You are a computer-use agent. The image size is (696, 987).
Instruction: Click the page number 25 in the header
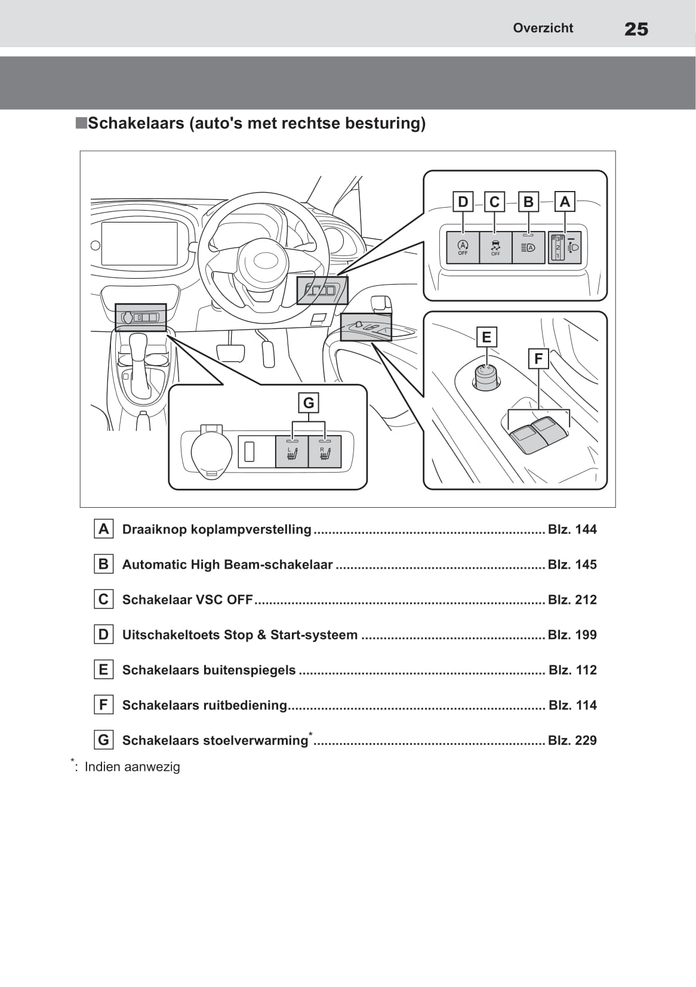[636, 29]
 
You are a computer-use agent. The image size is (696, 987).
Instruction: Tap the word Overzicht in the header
[543, 28]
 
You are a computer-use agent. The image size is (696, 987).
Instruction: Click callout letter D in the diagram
[463, 202]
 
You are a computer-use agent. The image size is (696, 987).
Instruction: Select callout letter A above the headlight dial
[565, 202]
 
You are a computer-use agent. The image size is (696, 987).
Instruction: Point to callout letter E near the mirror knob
[486, 337]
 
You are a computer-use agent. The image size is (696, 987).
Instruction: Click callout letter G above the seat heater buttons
[309, 403]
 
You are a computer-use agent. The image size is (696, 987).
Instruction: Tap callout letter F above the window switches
[538, 359]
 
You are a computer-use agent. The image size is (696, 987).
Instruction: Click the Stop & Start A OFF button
[463, 248]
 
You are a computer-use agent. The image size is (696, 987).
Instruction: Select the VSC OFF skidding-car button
[495, 248]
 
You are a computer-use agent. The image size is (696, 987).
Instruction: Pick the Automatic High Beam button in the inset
[528, 248]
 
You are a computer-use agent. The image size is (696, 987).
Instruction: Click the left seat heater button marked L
[292, 452]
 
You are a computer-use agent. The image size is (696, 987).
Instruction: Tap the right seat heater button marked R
[325, 452]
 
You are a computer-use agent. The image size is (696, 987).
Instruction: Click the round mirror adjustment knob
[487, 377]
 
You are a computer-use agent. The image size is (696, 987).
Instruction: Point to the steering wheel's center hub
[263, 261]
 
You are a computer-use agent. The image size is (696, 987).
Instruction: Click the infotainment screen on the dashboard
[140, 243]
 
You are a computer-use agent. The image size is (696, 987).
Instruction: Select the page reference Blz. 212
[572, 600]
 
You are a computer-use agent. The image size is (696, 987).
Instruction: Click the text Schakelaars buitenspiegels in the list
[209, 670]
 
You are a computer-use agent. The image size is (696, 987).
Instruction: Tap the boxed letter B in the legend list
[104, 564]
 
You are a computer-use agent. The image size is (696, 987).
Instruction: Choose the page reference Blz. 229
[572, 741]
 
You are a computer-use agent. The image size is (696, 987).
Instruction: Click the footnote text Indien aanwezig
[132, 767]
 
